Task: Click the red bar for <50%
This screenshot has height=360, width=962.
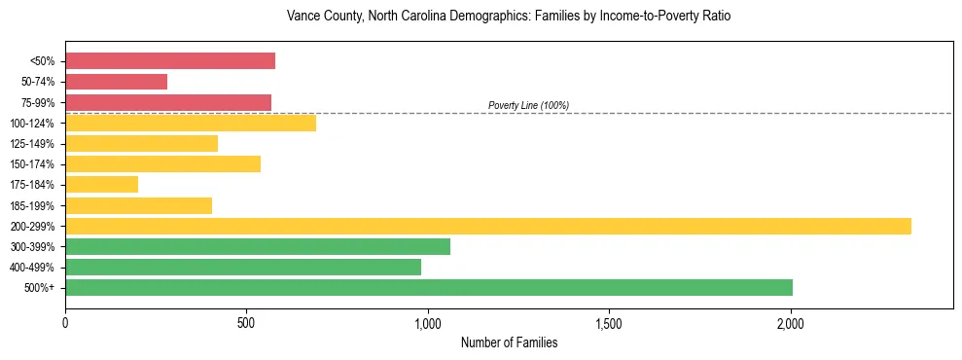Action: (x=170, y=61)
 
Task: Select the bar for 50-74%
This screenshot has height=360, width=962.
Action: (x=116, y=82)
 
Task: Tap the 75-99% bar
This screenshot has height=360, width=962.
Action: (x=168, y=102)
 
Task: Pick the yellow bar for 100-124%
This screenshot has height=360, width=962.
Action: (x=191, y=123)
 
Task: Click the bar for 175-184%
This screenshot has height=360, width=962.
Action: (x=101, y=184)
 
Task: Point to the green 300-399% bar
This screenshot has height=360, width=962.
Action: (x=258, y=246)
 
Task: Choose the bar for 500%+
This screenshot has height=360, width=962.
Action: (x=429, y=287)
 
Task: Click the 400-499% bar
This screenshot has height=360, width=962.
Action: (x=243, y=267)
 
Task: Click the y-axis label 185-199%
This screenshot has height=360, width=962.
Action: (x=32, y=205)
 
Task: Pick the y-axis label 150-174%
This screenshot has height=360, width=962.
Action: (x=32, y=164)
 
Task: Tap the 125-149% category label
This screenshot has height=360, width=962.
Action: (x=32, y=144)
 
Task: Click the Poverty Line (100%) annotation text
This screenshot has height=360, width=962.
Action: (x=528, y=105)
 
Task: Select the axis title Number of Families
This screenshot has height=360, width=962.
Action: (x=509, y=342)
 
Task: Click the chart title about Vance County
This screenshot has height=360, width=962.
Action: (x=508, y=17)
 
